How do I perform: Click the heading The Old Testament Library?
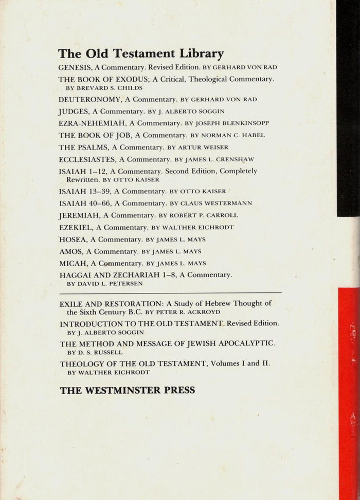[x=140, y=54]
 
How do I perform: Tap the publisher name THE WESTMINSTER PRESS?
[x=128, y=390]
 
